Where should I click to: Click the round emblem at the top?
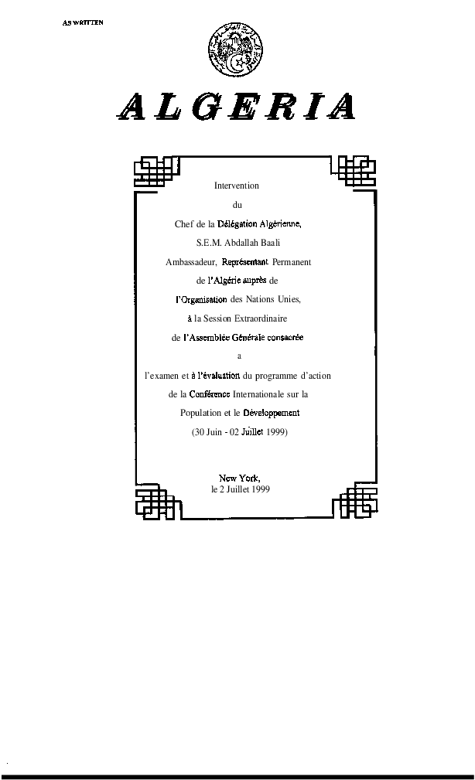click(x=235, y=49)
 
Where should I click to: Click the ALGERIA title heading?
click(x=236, y=107)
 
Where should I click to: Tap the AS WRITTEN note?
click(x=83, y=22)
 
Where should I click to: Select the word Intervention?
click(x=236, y=186)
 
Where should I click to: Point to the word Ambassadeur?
click(x=191, y=262)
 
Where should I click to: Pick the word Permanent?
click(x=292, y=262)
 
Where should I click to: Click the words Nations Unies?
click(x=273, y=299)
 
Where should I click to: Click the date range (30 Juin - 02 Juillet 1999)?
click(x=239, y=432)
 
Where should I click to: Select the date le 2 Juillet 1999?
click(x=241, y=489)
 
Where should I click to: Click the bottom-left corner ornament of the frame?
click(x=155, y=502)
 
